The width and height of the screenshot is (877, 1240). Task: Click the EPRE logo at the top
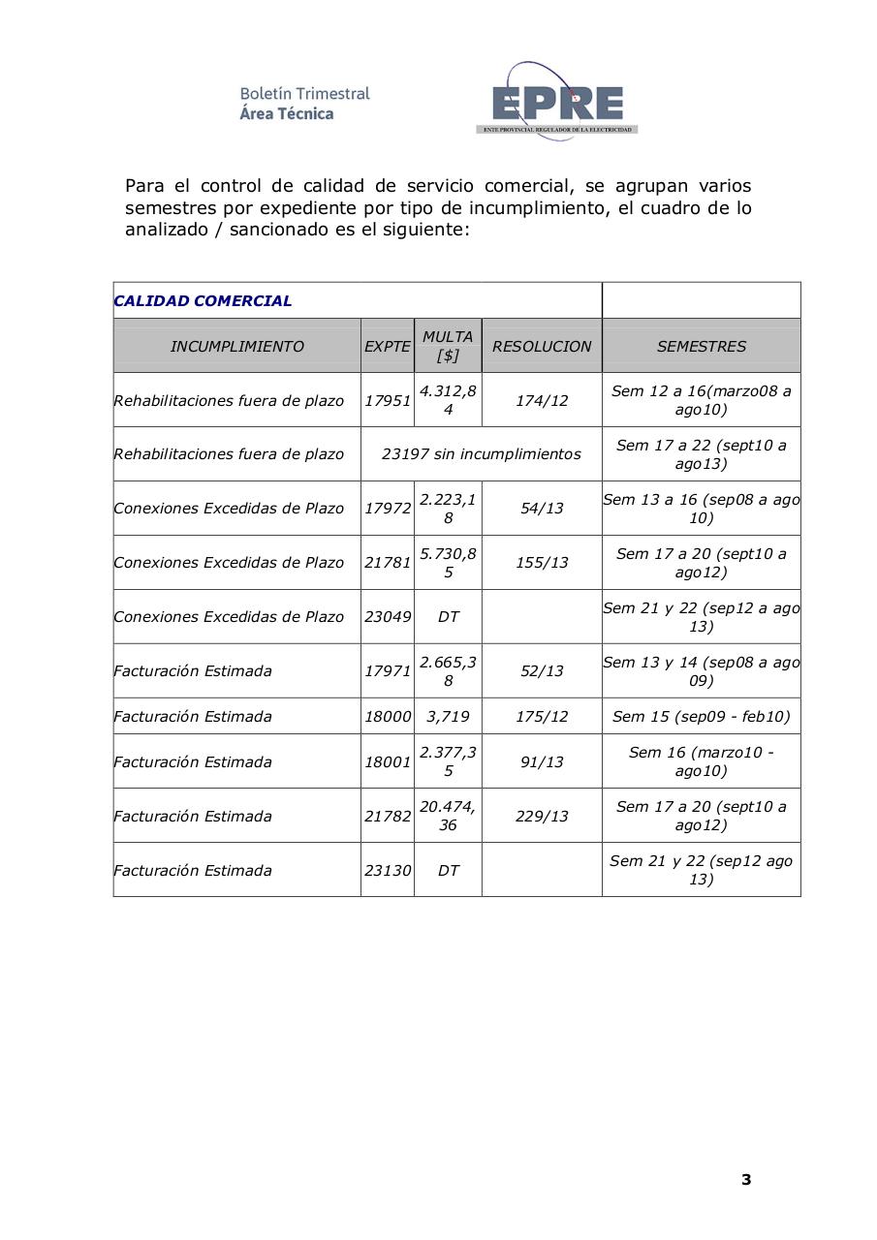(x=556, y=102)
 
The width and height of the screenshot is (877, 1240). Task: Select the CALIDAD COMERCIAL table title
(x=203, y=300)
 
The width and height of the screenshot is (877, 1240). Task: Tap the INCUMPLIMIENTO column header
(x=236, y=346)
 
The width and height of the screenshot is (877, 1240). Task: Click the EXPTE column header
(x=387, y=346)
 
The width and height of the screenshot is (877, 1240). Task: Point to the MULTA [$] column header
(x=448, y=346)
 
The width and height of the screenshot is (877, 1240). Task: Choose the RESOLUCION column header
(x=541, y=346)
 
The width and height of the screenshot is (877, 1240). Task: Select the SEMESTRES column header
(x=701, y=346)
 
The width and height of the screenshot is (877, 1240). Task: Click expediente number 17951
(x=387, y=400)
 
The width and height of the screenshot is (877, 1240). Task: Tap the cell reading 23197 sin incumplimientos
(x=481, y=453)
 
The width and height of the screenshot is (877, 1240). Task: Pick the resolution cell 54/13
(x=541, y=508)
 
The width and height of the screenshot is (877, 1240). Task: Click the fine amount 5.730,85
(x=448, y=562)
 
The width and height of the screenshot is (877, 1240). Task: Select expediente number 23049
(x=387, y=616)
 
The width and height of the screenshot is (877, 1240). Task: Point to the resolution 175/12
(x=541, y=716)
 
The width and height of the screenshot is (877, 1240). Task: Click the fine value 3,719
(x=448, y=716)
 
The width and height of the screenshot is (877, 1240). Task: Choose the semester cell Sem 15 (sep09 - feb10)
(x=701, y=716)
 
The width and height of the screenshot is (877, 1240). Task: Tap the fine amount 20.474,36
(x=448, y=816)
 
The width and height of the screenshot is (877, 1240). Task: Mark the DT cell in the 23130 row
(x=448, y=870)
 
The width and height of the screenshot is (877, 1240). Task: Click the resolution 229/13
(x=541, y=816)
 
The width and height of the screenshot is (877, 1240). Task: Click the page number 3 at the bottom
(x=745, y=1179)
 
